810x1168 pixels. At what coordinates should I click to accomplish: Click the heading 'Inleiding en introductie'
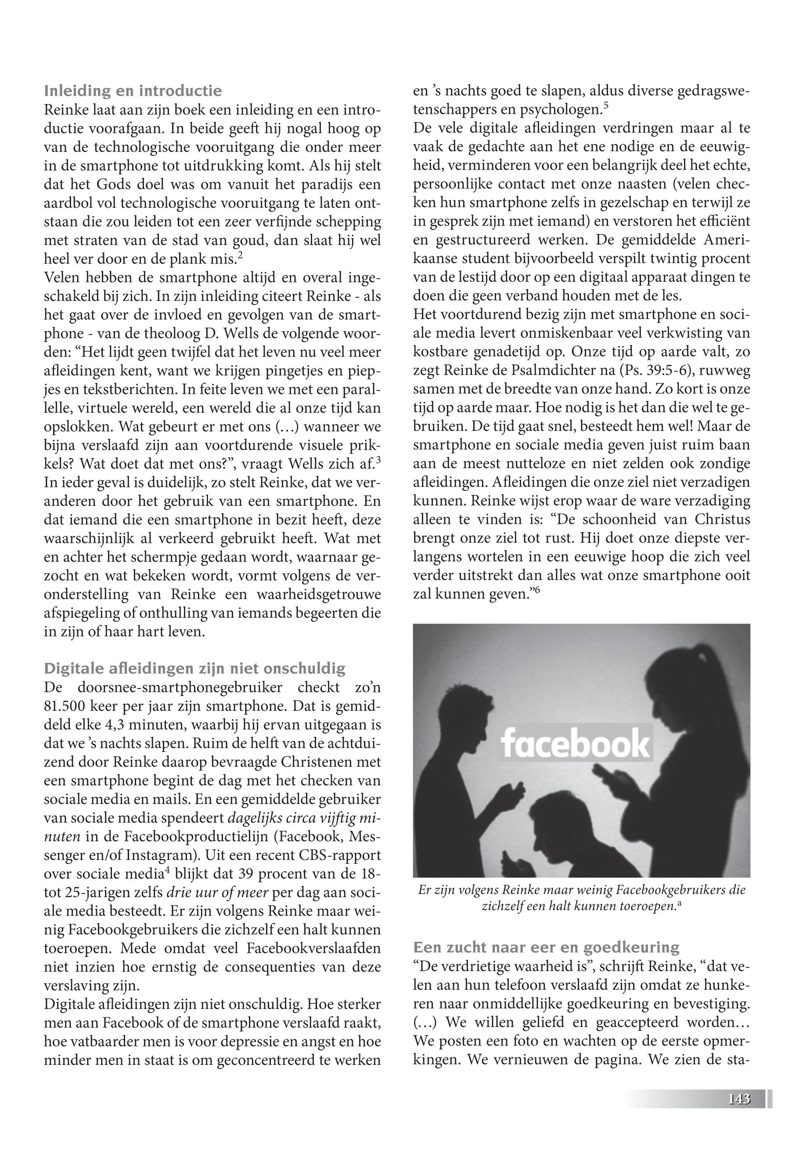coord(133,91)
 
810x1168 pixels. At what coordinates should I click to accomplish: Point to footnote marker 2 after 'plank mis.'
coord(240,256)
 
